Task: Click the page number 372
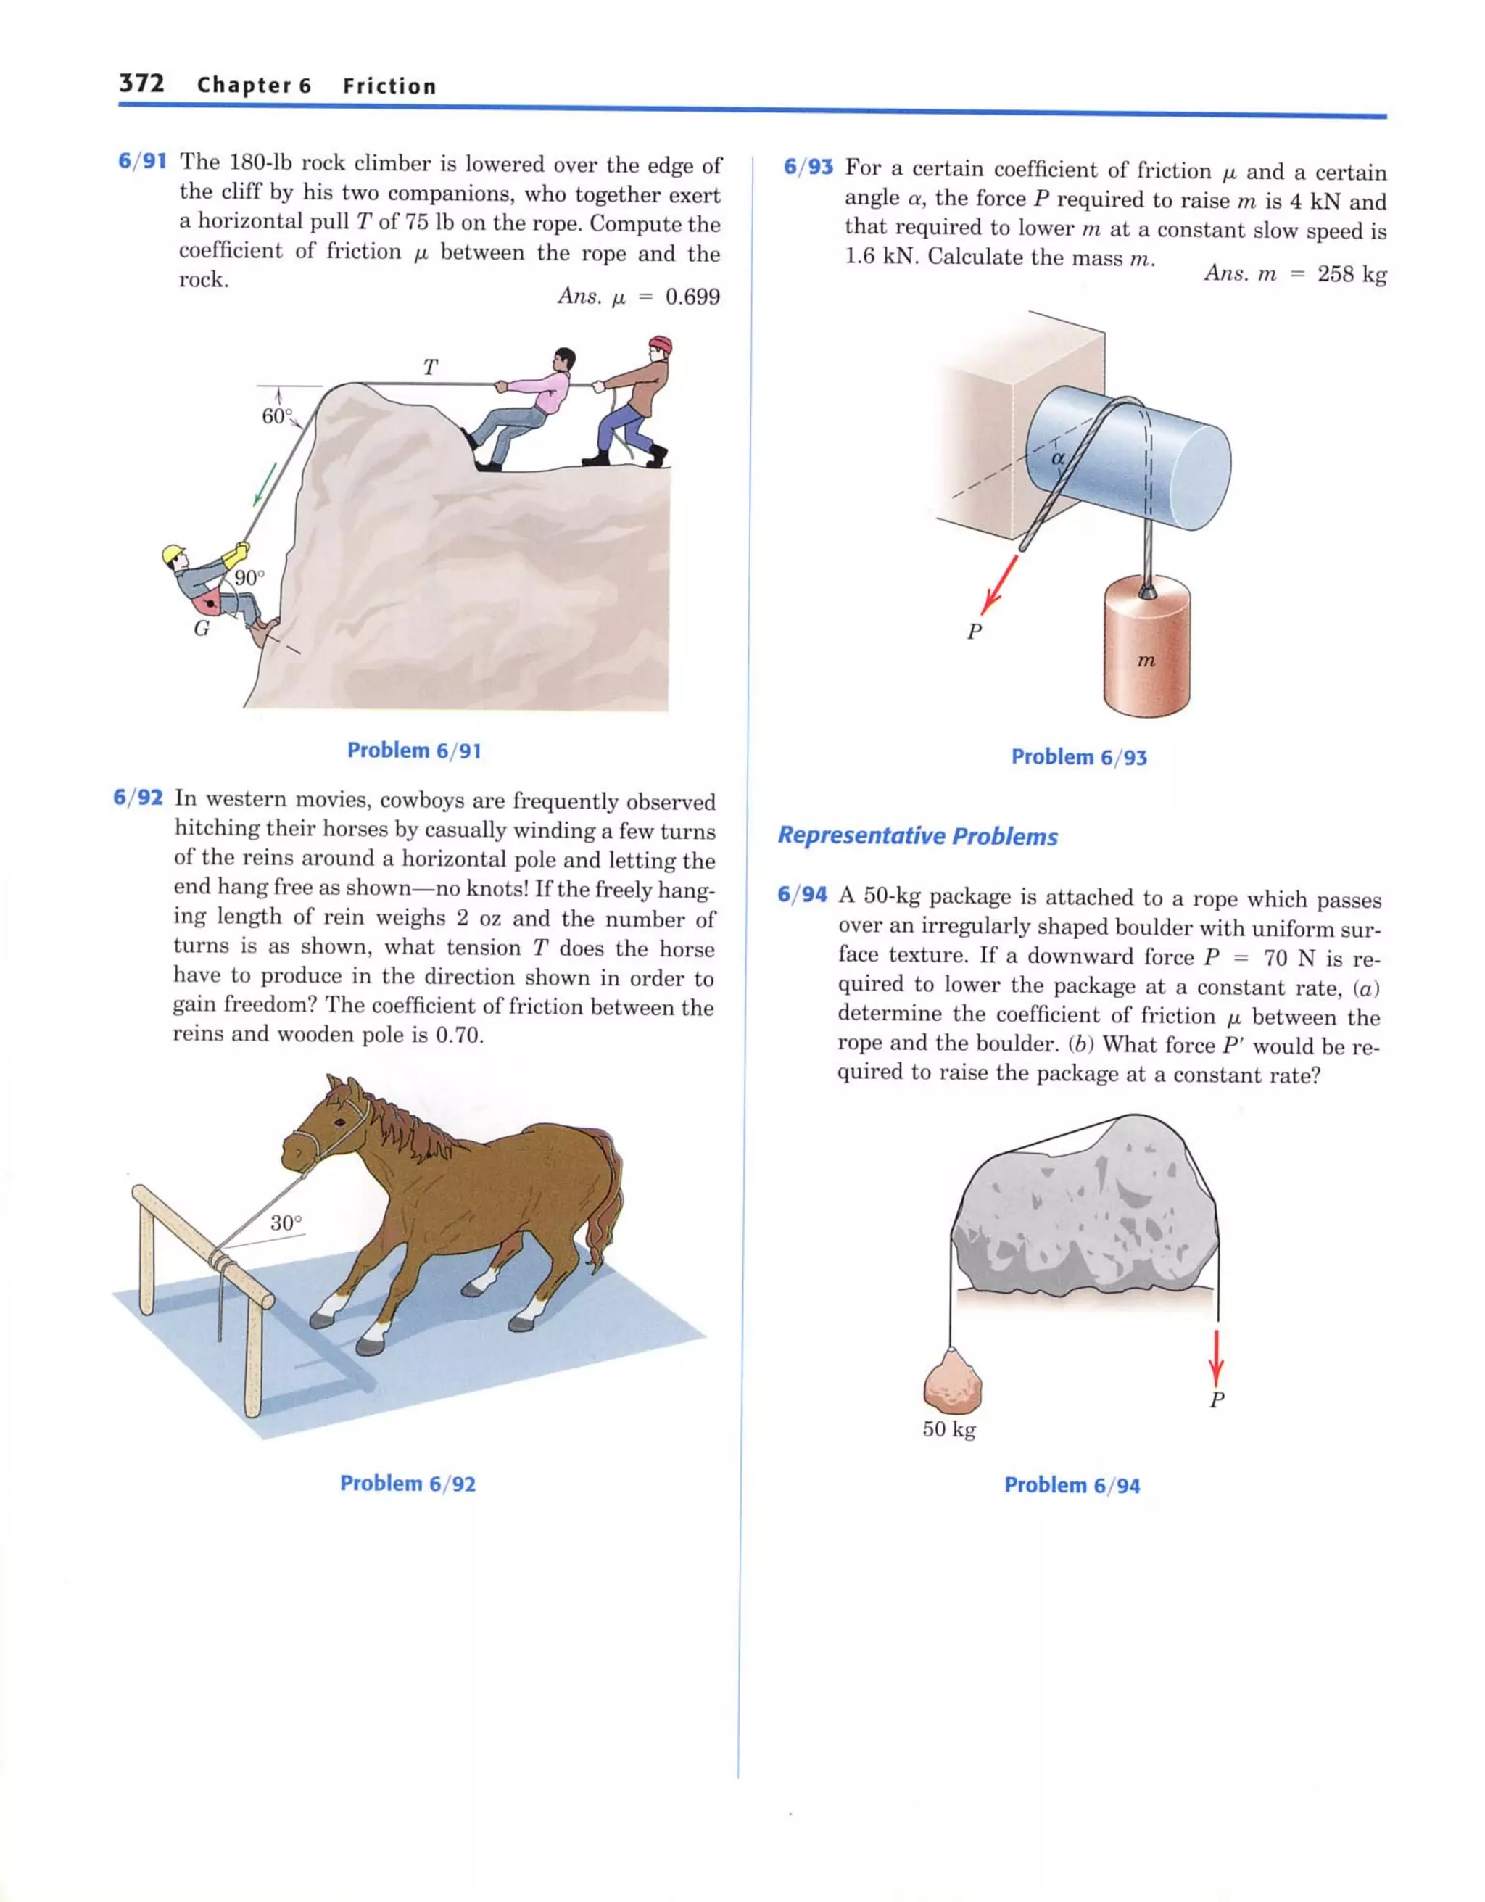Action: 141,83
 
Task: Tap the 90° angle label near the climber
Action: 249,577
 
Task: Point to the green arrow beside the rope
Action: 265,484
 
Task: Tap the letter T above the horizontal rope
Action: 430,368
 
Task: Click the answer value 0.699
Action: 692,297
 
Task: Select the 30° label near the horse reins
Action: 286,1223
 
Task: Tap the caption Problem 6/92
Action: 408,1483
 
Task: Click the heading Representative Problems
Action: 917,836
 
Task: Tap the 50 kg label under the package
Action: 948,1429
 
